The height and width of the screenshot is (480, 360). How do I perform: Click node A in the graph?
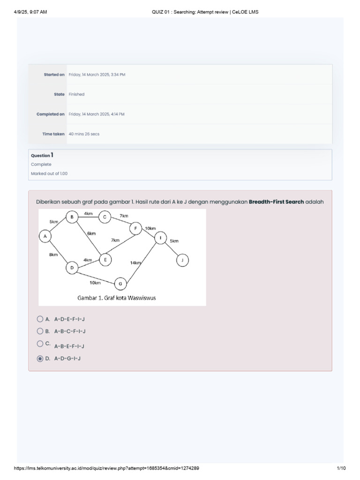(45, 237)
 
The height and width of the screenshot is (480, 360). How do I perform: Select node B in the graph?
(72, 217)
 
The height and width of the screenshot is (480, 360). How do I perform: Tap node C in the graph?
(105, 217)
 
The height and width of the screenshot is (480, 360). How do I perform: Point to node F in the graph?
(135, 228)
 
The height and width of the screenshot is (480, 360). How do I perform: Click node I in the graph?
(160, 238)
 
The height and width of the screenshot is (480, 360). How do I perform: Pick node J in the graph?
(182, 260)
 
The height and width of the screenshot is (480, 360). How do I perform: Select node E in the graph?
(105, 259)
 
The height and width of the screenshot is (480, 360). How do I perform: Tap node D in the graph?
(72, 268)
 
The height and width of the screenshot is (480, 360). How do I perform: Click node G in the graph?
(120, 283)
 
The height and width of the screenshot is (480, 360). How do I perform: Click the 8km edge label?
(53, 255)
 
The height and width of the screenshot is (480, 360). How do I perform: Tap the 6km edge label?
(91, 233)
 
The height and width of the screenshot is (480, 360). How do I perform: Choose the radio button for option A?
(39, 319)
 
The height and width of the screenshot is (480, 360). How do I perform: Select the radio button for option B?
(39, 331)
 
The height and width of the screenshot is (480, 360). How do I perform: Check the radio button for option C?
(39, 344)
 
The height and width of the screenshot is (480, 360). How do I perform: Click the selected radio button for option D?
(39, 359)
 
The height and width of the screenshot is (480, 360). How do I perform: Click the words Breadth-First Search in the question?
(276, 202)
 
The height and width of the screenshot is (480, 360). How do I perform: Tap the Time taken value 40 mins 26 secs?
(84, 134)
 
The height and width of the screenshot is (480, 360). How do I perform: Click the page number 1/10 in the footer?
(341, 468)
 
